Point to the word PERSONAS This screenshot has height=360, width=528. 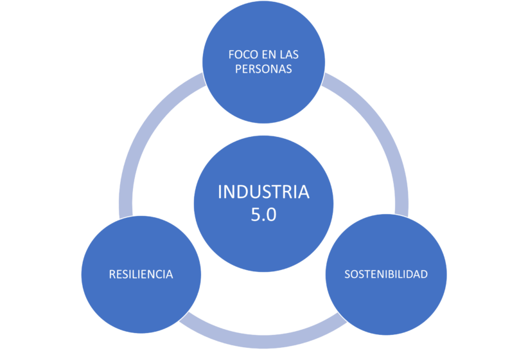263,69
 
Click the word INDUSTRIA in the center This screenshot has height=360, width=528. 263,192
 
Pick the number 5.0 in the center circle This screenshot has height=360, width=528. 263,215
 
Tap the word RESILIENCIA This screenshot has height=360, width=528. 141,274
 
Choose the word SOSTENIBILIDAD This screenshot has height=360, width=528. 386,274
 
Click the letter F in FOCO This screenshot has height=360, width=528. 231,55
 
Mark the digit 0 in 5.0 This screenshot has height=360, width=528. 272,215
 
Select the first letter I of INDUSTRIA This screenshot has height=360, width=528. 220,192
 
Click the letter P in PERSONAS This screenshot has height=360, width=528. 238,69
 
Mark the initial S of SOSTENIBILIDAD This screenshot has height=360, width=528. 348,274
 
